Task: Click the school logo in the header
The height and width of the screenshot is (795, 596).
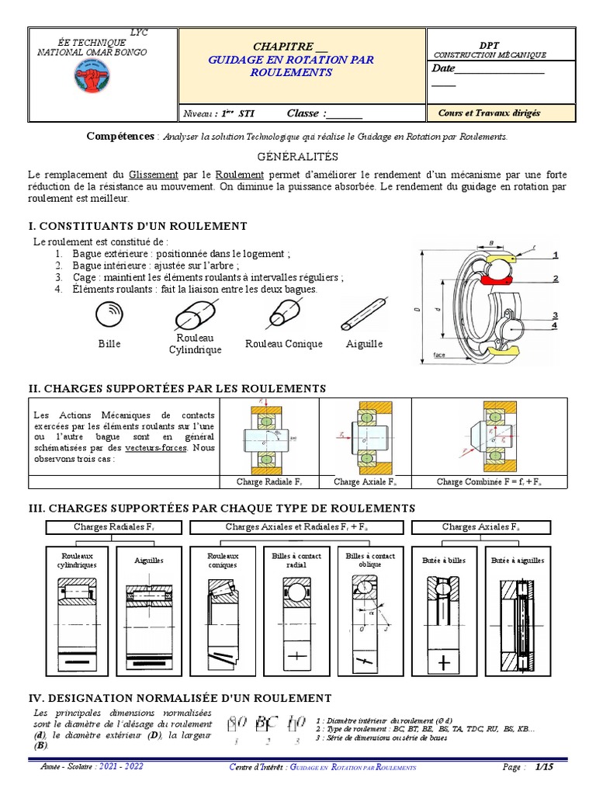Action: click(92, 76)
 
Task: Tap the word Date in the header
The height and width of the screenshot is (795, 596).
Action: click(443, 69)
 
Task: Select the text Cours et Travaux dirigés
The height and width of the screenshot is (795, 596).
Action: click(489, 113)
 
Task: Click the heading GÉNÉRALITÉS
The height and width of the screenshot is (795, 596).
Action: click(298, 157)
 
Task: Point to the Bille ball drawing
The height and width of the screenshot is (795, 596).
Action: click(109, 315)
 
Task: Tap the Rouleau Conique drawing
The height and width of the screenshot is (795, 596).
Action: click(283, 314)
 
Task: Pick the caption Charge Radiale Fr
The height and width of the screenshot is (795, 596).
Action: click(269, 482)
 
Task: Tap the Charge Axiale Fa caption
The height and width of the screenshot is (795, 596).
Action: click(365, 482)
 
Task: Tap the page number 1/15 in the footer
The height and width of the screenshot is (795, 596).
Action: click(543, 767)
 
